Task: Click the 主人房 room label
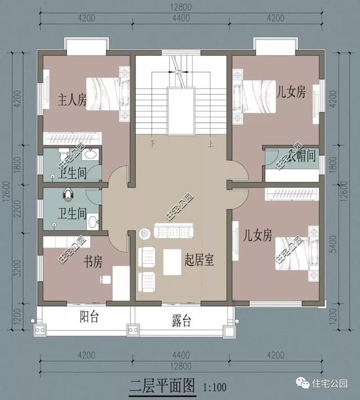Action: coord(73,101)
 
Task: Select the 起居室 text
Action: coord(201,260)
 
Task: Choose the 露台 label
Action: coord(181,321)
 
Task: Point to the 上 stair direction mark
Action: coord(210,143)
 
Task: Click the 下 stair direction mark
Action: coord(152,143)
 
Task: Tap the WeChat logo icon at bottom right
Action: coord(303,384)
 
